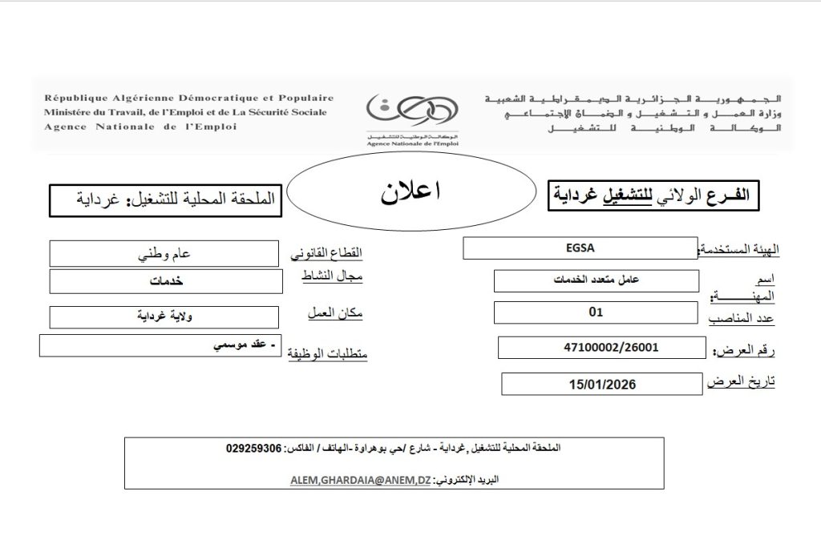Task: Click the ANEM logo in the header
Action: [x=412, y=113]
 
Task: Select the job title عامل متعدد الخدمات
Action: [x=596, y=281]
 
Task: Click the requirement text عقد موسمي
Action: [x=241, y=345]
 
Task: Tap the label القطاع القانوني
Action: [x=326, y=254]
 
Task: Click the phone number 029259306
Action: [x=254, y=449]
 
